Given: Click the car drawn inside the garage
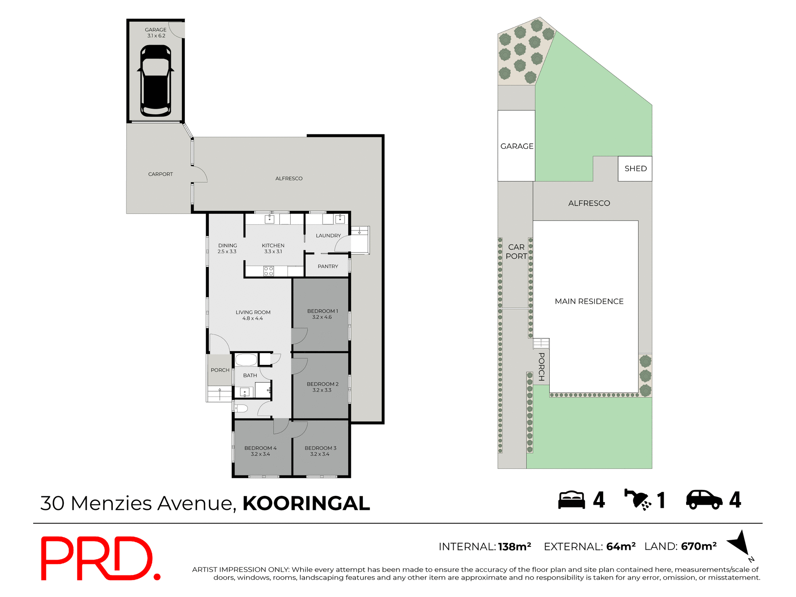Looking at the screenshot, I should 155,81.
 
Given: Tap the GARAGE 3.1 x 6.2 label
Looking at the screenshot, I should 155,33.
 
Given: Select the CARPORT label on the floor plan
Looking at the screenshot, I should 160,174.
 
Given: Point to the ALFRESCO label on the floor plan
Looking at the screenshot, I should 289,179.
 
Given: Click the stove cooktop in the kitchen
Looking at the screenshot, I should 269,271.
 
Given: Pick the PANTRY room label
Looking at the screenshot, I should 328,267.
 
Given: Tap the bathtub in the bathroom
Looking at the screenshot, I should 246,359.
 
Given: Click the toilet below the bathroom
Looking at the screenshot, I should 241,409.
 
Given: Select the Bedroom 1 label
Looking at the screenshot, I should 323,314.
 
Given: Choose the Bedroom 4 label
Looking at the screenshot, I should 260,451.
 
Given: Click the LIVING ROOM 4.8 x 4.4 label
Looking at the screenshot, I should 253,315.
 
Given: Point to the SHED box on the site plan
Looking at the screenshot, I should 635,169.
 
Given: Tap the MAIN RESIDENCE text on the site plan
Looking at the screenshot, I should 589,301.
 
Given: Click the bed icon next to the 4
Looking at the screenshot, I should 571,500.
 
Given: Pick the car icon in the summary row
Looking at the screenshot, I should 704,500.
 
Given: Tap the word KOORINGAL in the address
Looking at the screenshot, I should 306,503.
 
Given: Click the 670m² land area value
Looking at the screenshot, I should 699,546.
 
